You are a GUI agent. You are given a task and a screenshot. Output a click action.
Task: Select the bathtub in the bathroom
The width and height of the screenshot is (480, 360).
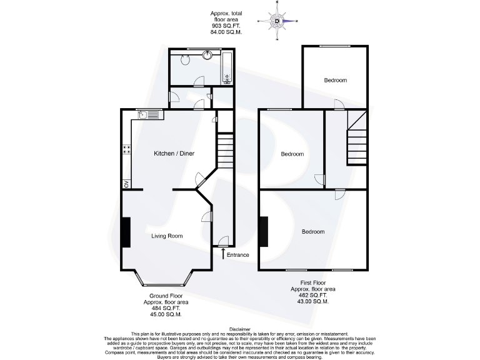tap(227, 68)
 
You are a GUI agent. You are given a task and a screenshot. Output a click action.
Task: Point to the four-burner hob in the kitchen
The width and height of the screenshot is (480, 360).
tap(126, 149)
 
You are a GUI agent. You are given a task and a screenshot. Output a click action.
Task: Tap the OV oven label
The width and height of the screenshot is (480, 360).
tap(126, 184)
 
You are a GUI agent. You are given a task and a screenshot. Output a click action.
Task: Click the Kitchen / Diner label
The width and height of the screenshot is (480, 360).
tap(173, 153)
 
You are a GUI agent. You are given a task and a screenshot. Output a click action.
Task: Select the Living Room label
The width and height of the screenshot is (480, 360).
tap(167, 236)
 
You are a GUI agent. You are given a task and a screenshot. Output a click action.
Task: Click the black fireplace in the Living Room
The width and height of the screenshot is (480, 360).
tap(126, 233)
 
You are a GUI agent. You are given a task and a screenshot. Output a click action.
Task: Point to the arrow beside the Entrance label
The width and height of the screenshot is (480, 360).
tap(223, 253)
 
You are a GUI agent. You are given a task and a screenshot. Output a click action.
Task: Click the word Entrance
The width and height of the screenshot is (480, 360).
tap(238, 255)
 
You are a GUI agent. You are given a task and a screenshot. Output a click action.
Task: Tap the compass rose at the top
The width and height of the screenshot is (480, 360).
tap(277, 22)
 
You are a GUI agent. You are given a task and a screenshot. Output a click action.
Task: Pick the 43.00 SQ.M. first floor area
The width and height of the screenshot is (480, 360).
tap(312, 302)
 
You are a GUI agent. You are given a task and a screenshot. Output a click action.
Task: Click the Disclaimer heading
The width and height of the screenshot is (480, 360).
tap(240, 329)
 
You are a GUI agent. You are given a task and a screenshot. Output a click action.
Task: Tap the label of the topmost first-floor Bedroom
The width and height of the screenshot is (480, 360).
tap(335, 80)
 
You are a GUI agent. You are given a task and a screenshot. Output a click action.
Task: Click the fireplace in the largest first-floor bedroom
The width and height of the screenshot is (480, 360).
tap(264, 233)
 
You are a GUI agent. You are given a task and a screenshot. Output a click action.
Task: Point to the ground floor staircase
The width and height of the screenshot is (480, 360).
tap(225, 150)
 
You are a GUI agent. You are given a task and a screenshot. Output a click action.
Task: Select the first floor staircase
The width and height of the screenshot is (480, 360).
tap(357, 137)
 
